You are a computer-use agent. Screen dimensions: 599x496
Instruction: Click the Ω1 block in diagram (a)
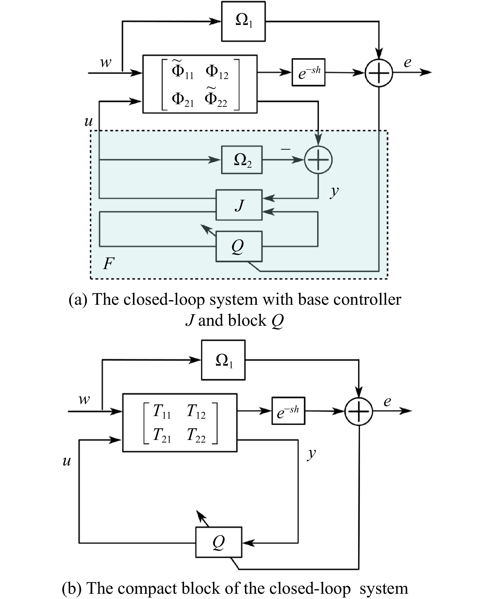point(243,22)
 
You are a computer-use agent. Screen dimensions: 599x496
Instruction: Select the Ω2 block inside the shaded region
point(242,160)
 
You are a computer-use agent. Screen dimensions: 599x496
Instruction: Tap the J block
point(239,205)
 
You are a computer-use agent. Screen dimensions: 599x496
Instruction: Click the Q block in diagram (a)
point(239,246)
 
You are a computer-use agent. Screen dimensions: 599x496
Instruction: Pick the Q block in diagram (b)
point(219,542)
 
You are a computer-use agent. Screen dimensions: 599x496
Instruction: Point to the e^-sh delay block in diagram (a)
point(308,72)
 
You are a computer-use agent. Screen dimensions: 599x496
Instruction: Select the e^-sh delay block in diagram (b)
point(288,411)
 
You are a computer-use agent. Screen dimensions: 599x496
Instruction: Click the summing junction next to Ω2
point(318,160)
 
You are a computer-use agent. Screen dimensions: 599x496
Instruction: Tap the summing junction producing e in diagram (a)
point(379,73)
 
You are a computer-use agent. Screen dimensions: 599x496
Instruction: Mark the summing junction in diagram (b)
point(359,411)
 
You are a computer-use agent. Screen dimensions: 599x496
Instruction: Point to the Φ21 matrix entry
point(183,100)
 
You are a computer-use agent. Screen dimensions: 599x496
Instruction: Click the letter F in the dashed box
point(109,263)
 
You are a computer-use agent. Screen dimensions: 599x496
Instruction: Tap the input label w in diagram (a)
point(105,62)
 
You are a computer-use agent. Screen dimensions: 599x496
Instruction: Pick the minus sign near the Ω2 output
point(286,149)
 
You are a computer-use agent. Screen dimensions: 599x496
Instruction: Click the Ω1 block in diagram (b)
point(223,360)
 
